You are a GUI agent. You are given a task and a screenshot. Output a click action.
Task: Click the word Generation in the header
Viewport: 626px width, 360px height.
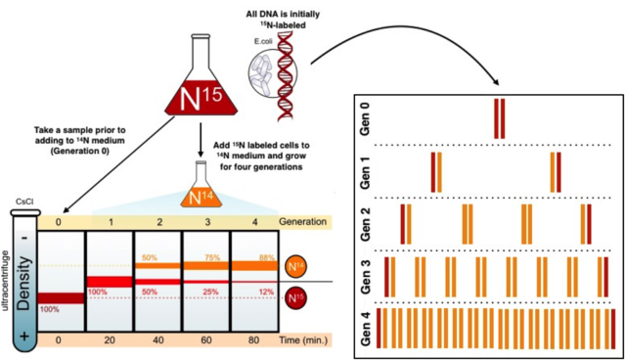click(x=305, y=221)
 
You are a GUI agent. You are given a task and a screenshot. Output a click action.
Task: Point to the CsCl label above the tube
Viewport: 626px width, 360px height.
click(x=22, y=201)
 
